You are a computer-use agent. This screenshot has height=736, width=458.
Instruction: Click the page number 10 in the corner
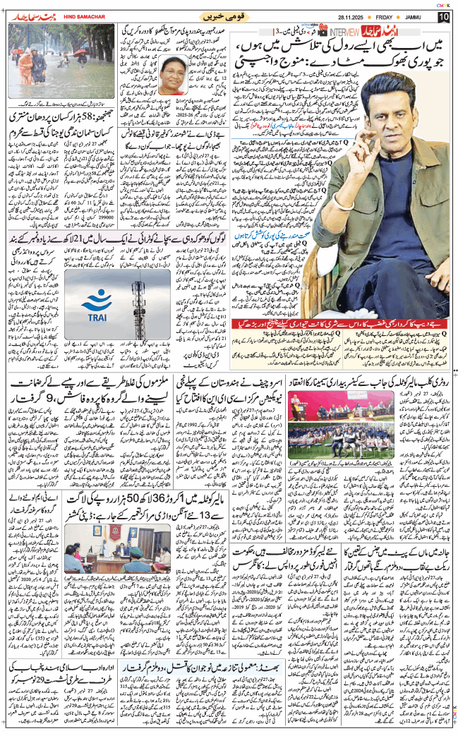pyautogui.click(x=443, y=16)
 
